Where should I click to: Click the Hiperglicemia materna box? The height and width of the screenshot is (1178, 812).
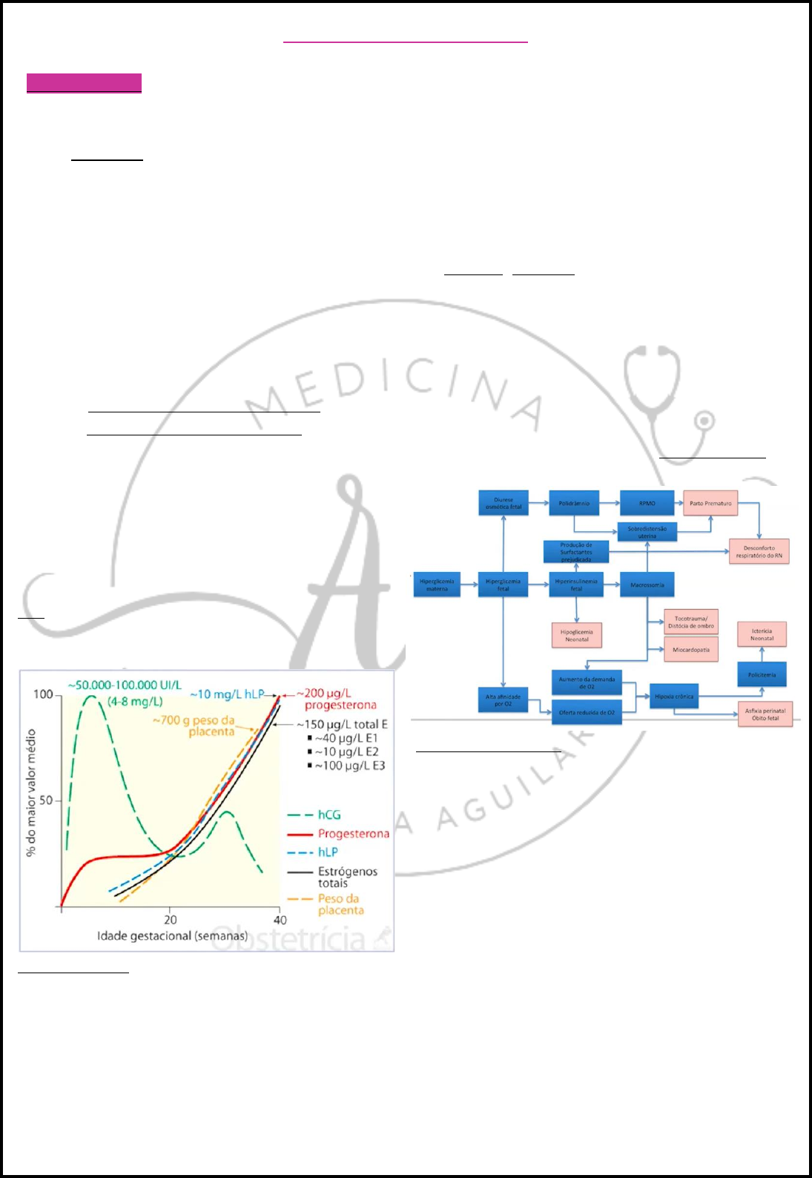pos(437,585)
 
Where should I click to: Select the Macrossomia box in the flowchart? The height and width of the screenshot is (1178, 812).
pos(647,585)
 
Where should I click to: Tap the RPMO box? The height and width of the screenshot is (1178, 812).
pos(647,503)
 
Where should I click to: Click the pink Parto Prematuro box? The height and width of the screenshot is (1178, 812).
pos(710,503)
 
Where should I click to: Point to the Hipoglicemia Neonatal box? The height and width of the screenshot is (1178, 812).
pos(576,635)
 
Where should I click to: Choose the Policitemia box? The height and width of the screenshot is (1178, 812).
pos(762,674)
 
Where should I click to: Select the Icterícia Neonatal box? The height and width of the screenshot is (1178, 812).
pos(762,634)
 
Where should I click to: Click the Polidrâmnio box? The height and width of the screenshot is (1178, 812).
pos(574,503)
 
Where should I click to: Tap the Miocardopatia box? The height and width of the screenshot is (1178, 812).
pos(691,650)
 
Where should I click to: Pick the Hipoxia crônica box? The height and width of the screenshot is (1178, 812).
pos(674,697)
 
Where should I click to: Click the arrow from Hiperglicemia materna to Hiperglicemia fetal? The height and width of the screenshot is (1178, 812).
pos(469,585)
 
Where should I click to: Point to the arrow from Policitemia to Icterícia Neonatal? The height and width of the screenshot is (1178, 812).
pos(762,654)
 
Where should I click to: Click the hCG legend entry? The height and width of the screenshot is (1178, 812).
pos(329,815)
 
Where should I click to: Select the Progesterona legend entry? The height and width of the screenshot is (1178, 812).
pos(353,834)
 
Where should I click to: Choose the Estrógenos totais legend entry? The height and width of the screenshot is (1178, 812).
pos(347,877)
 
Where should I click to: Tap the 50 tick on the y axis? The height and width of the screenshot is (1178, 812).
pos(46,800)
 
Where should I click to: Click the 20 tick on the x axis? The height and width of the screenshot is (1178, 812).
pos(171,919)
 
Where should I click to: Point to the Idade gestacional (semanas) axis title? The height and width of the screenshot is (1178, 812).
pos(172,936)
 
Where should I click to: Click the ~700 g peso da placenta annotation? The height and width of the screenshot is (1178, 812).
pos(194,725)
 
